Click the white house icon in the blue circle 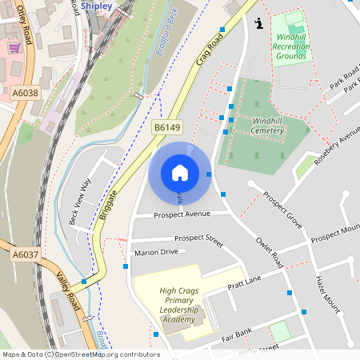(x=180, y=172)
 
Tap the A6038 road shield (x=25, y=94)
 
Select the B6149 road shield (x=168, y=127)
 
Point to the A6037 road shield (x=25, y=254)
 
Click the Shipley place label (x=95, y=5)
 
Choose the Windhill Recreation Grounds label (x=291, y=47)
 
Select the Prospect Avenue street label (x=182, y=214)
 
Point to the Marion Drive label (x=156, y=252)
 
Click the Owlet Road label (x=270, y=252)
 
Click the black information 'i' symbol (x=258, y=24)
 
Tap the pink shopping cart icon (x=14, y=48)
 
